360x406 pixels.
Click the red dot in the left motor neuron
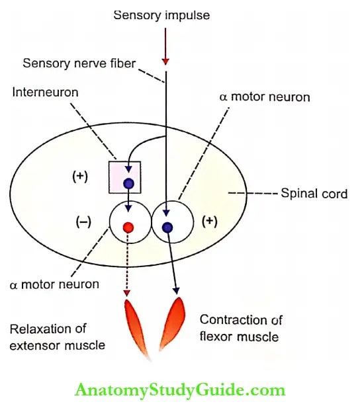[x=127, y=227]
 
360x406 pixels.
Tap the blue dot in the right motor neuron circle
[x=167, y=227]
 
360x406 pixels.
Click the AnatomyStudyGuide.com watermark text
[x=180, y=389]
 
